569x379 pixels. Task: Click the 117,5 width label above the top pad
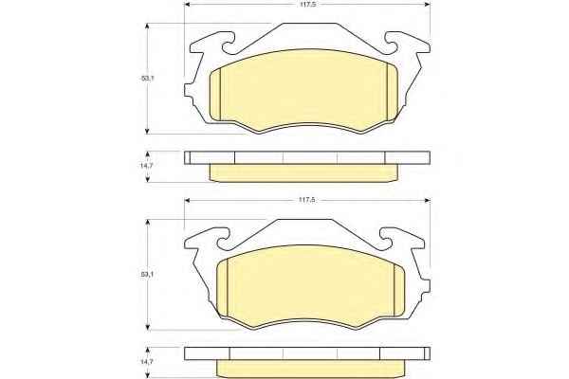point(306,5)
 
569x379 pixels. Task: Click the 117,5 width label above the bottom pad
point(306,200)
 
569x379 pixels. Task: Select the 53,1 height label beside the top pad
point(148,78)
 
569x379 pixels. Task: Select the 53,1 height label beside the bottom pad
point(148,275)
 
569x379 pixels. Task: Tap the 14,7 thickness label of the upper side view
point(147,165)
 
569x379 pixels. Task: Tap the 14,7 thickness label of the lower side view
point(147,362)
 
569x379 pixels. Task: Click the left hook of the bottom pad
point(223,240)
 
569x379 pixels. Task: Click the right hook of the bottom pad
point(387,240)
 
